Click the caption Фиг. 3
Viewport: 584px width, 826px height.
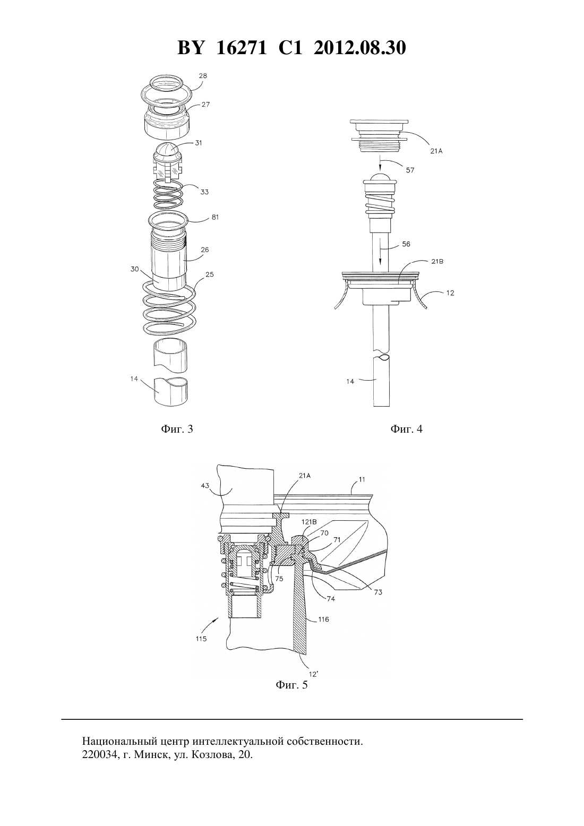point(177,429)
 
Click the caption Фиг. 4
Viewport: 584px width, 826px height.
point(406,429)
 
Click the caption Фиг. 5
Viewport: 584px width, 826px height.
point(291,685)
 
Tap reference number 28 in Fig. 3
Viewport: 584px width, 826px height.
point(203,76)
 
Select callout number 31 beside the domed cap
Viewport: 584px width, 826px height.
point(199,143)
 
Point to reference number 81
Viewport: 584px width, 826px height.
point(215,217)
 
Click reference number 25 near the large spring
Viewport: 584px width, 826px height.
point(209,274)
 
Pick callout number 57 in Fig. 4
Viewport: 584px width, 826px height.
point(410,170)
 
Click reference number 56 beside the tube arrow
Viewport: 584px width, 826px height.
point(406,244)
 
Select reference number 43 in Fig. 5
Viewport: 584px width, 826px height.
point(205,486)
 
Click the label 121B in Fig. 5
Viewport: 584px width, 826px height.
point(306,522)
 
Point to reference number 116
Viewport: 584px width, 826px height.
point(324,619)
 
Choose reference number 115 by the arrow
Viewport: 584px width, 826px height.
point(201,639)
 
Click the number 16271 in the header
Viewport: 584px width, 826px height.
point(241,48)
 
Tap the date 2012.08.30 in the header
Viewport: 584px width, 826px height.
point(360,48)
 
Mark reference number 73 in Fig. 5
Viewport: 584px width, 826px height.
point(378,592)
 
